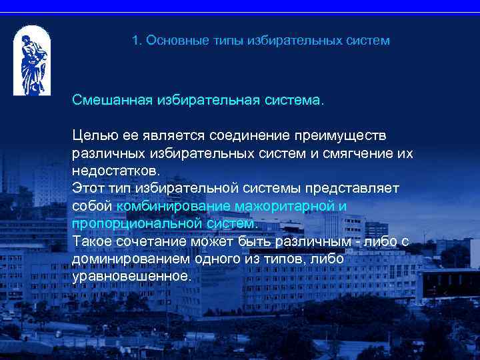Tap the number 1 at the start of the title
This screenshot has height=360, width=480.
(x=135, y=41)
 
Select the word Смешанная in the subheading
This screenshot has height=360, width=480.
(x=112, y=101)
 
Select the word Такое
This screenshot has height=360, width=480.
(x=91, y=241)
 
